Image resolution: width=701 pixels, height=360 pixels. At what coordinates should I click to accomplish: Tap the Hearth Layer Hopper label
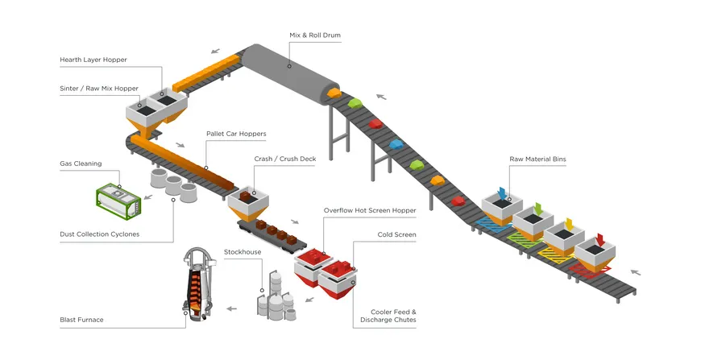click(93, 60)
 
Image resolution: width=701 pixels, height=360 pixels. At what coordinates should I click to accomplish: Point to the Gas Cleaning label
click(81, 163)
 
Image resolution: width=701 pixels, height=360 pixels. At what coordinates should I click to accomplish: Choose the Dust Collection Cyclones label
click(99, 234)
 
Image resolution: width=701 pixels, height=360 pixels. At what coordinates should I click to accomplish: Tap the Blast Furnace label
click(81, 320)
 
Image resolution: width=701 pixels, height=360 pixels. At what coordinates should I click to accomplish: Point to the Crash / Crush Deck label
click(284, 159)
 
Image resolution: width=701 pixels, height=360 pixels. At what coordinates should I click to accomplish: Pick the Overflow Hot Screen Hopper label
click(370, 210)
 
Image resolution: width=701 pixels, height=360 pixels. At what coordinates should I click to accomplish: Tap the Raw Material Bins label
click(537, 159)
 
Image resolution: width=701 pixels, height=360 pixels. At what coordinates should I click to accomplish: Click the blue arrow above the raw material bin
click(503, 193)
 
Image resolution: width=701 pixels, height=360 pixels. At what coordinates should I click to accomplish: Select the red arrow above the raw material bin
click(599, 239)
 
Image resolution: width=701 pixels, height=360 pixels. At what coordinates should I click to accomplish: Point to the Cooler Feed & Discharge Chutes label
click(393, 316)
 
